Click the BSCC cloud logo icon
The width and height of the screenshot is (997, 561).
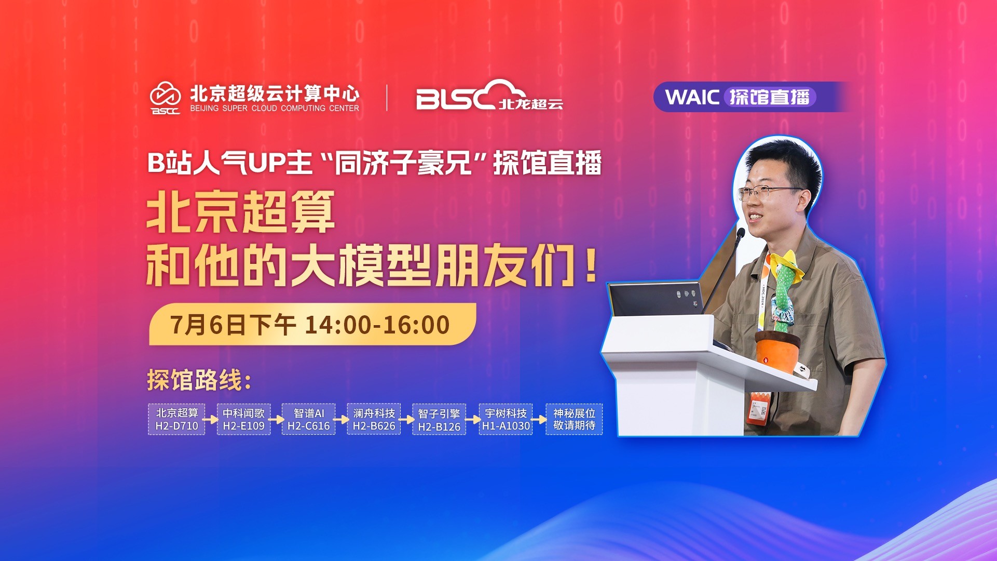(166, 98)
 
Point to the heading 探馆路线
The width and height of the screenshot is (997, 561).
(199, 380)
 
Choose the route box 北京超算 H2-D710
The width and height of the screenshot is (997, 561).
(176, 419)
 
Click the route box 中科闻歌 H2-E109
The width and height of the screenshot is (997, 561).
(243, 419)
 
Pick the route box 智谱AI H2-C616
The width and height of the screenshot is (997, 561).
(308, 419)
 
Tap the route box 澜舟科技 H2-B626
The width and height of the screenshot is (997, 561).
(374, 419)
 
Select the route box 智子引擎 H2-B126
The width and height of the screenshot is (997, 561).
(439, 419)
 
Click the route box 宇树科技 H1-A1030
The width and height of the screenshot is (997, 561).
(506, 419)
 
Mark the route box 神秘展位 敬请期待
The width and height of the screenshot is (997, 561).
(574, 419)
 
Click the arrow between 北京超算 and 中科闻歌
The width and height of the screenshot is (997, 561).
(211, 419)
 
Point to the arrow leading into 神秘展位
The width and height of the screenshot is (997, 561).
(539, 419)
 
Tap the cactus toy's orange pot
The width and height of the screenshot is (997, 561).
(777, 351)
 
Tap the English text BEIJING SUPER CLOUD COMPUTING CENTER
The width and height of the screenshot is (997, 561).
(275, 108)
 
